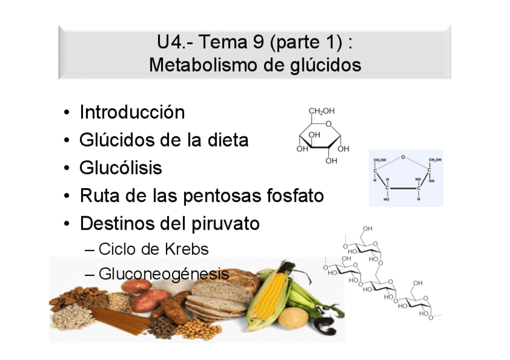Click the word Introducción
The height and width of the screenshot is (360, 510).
[132, 112]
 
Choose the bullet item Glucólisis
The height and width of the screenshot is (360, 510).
[120, 168]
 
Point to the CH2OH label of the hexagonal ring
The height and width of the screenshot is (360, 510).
[321, 111]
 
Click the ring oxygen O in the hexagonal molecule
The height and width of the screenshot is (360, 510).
[328, 124]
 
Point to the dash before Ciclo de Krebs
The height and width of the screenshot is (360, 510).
[90, 249]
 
